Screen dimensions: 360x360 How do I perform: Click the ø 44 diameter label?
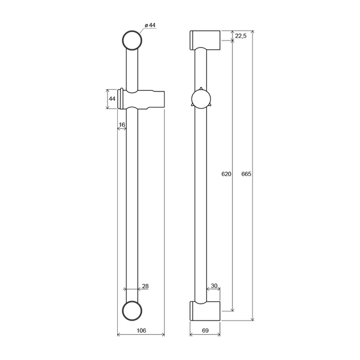(x=150, y=25)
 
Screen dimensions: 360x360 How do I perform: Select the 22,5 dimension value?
(x=241, y=36)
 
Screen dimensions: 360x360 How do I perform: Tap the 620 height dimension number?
(x=226, y=174)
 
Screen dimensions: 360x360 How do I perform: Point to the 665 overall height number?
(x=246, y=174)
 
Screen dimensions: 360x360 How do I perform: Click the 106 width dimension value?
(x=141, y=330)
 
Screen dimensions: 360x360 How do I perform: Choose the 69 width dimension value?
(x=205, y=330)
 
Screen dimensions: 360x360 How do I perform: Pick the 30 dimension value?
(x=214, y=286)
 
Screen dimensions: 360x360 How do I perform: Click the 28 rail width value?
(x=145, y=286)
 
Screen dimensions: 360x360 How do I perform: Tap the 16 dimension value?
(x=122, y=125)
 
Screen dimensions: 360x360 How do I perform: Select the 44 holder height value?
(x=112, y=99)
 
